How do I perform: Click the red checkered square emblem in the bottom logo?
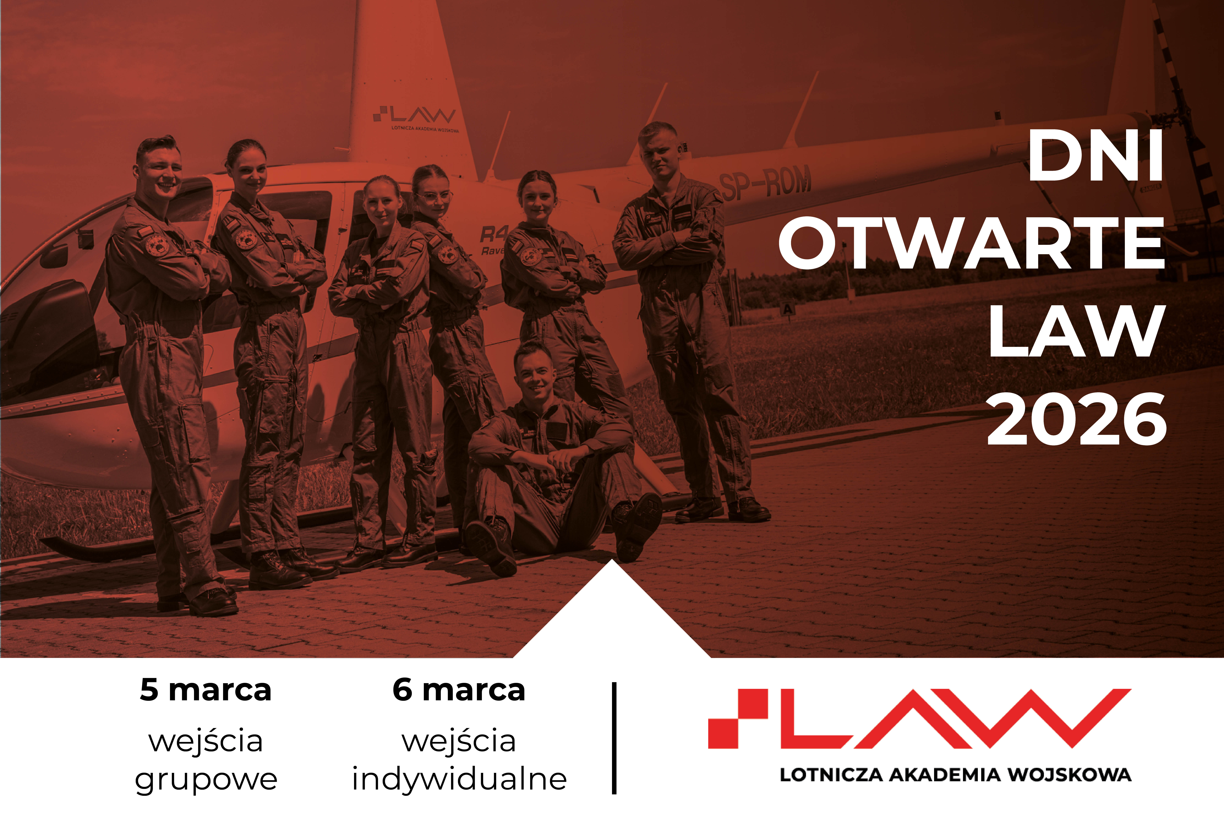[738, 719]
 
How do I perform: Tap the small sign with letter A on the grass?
[787, 309]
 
